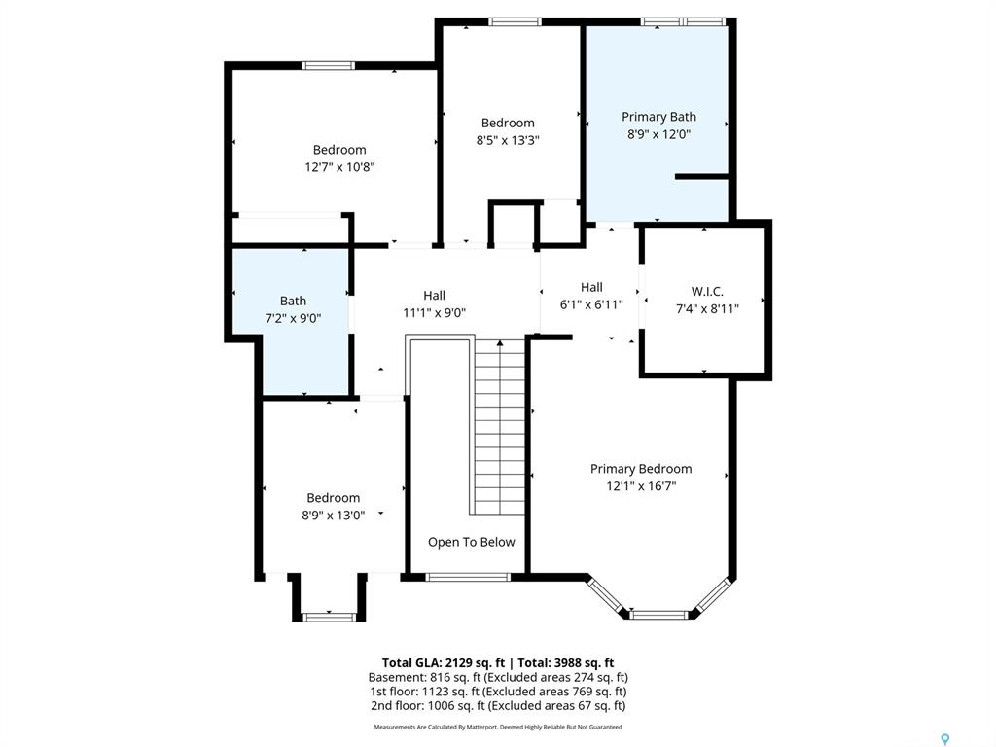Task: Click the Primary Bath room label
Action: [658, 117]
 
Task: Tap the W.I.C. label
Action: [707, 292]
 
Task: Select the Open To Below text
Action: [472, 542]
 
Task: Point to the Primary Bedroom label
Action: [641, 469]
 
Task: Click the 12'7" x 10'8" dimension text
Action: [339, 167]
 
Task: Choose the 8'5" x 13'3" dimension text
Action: [508, 140]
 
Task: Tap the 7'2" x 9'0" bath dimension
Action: [293, 318]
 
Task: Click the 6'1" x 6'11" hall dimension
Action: [591, 304]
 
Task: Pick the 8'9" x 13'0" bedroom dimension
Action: [333, 516]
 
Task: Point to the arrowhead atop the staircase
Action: [500, 343]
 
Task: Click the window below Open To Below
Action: [468, 577]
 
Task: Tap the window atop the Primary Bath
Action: [684, 21]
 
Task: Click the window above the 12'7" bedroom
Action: [328, 65]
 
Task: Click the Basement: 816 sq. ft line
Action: [498, 677]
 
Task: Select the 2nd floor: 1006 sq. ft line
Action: [498, 706]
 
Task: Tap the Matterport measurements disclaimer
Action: [498, 727]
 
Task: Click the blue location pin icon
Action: [945, 739]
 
